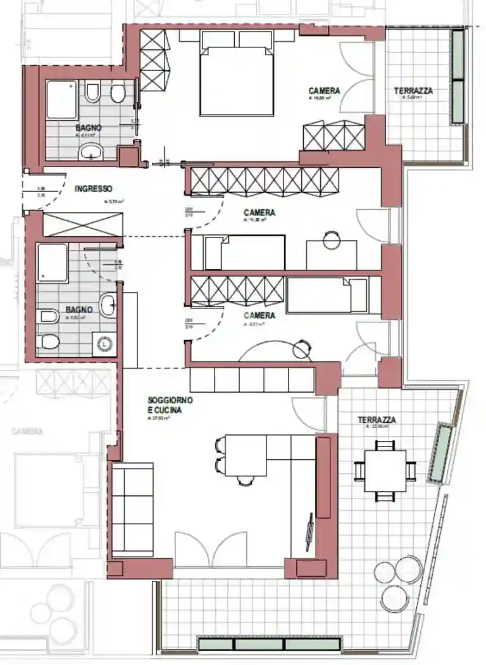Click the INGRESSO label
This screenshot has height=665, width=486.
93,189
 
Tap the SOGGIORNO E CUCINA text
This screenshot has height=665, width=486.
170,405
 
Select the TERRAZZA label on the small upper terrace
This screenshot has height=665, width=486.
413,91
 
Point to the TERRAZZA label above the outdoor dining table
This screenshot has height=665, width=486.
377,420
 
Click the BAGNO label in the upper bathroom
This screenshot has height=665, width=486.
89,128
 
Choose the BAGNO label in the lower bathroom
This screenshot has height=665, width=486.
79,310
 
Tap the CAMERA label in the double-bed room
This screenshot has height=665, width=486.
324,91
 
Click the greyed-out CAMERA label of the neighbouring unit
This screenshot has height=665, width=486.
27,431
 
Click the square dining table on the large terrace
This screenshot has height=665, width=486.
385,471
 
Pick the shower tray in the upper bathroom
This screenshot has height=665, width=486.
61,99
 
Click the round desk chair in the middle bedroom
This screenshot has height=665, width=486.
331,240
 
